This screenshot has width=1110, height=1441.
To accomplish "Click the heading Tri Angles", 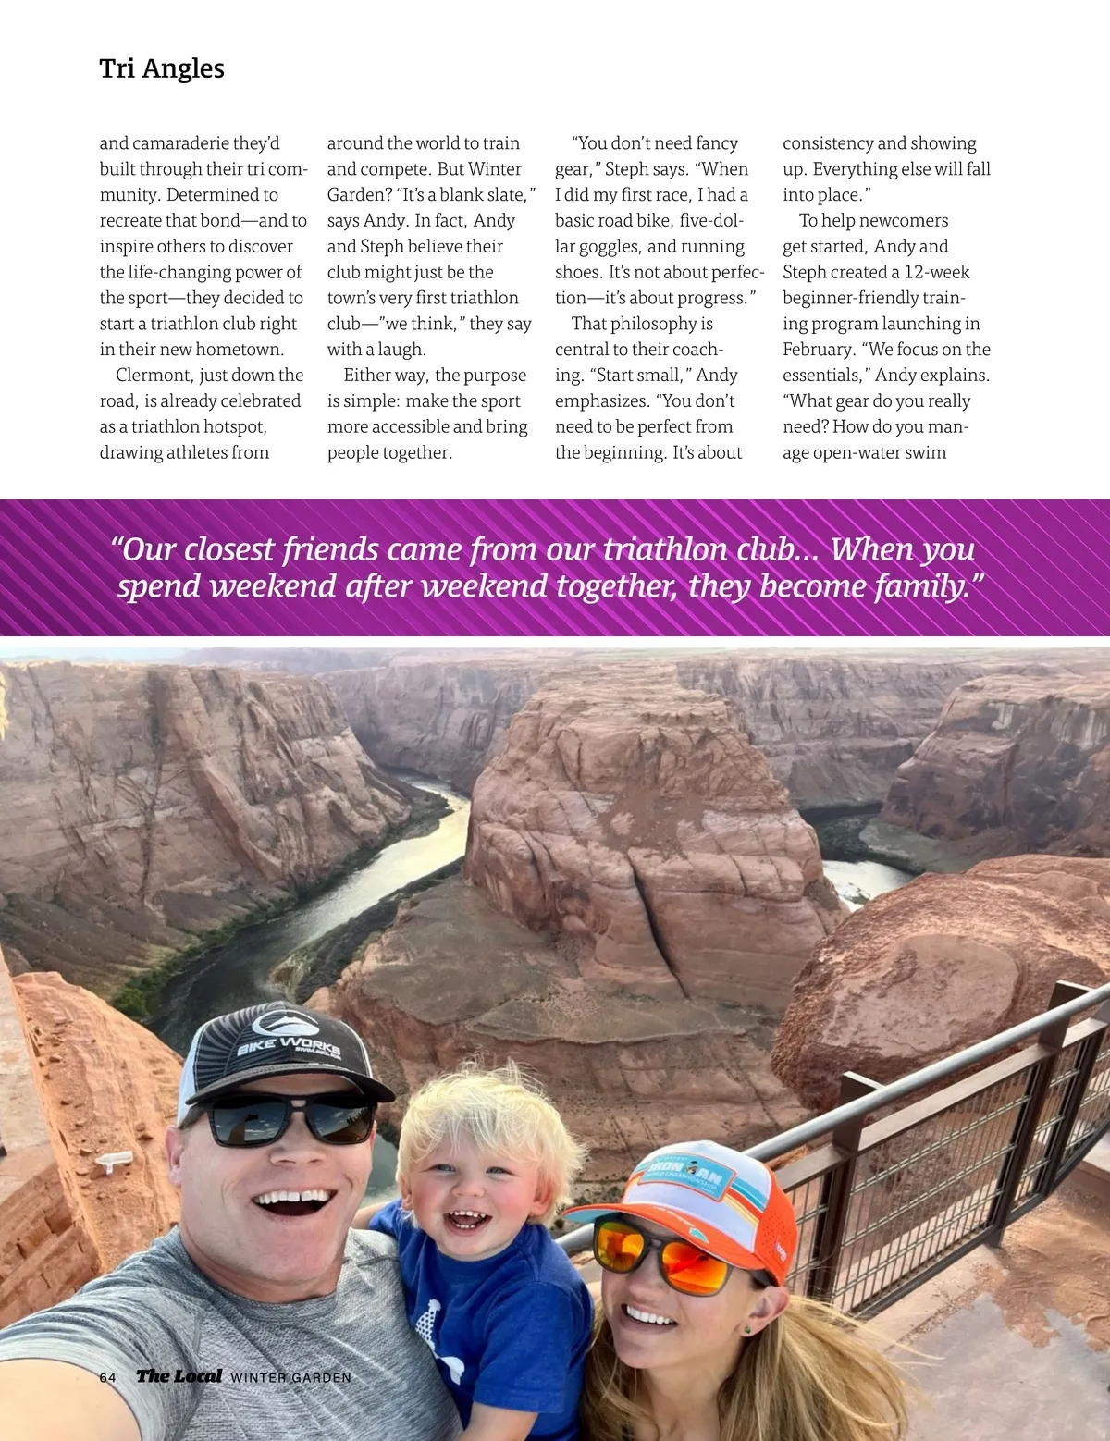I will pos(162,68).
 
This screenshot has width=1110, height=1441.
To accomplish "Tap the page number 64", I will pos(107,1377).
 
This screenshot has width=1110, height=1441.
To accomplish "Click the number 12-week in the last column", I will pos(936,272).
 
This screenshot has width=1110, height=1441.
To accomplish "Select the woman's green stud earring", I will pos(746,1330).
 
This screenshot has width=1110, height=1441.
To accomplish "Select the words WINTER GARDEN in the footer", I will pos(290,1377).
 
